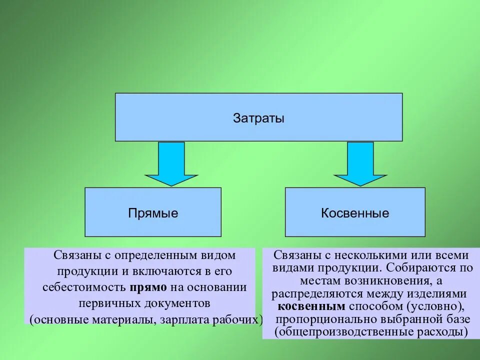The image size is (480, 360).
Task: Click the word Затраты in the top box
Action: click(258, 118)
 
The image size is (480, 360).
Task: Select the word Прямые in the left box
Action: click(153, 213)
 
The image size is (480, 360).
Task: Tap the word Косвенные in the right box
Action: click(355, 213)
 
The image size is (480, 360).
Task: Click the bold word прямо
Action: click(148, 287)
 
